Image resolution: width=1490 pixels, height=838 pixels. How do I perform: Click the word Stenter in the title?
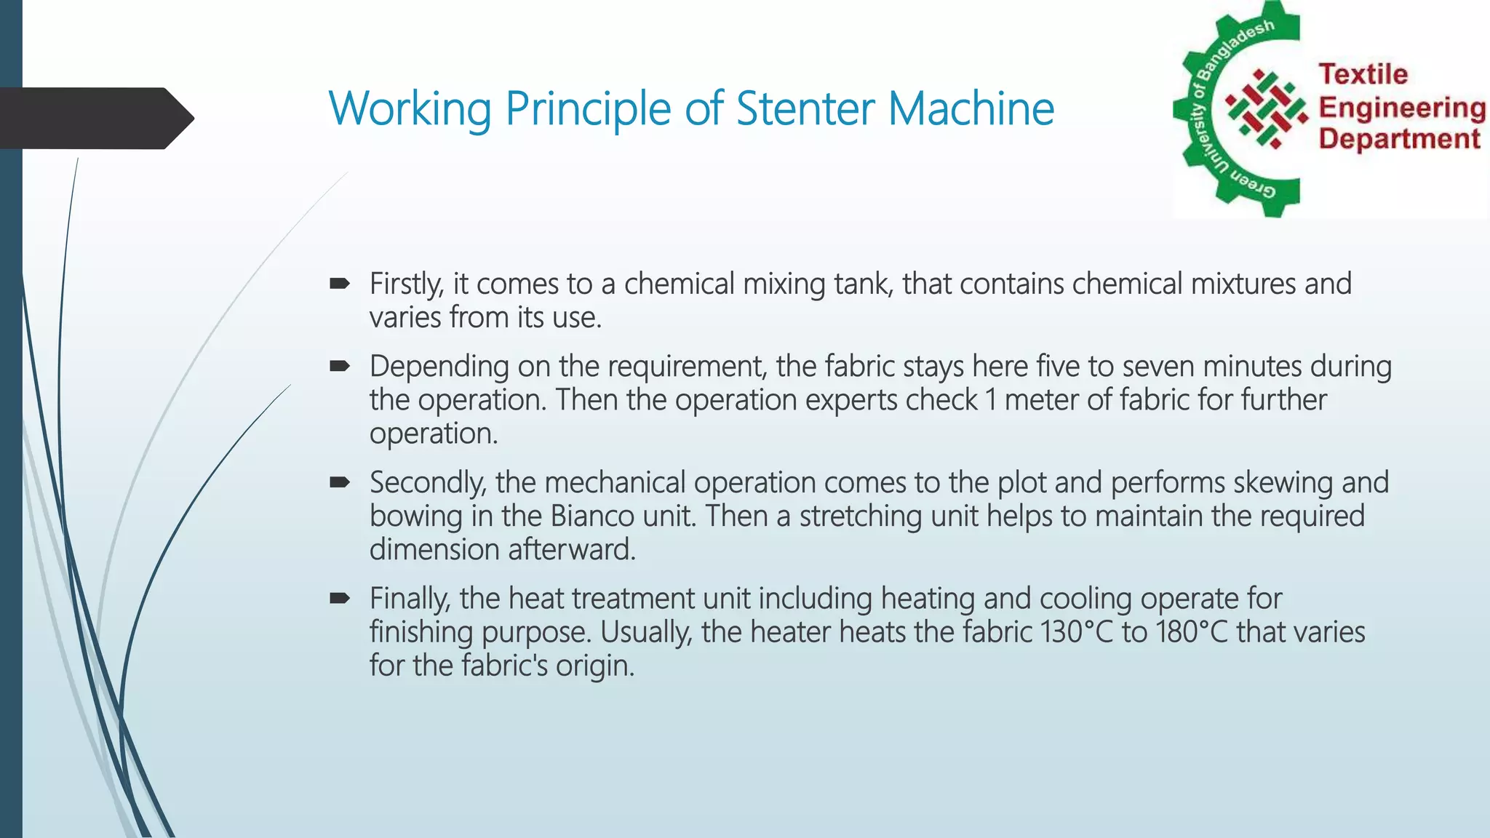[x=806, y=108]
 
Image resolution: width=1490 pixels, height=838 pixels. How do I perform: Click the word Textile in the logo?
[x=1363, y=74]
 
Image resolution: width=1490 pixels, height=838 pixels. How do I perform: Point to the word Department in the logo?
[x=1399, y=138]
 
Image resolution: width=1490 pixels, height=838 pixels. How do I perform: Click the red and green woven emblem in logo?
[x=1267, y=109]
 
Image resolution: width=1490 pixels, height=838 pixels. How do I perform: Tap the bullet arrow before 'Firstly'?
[x=340, y=284]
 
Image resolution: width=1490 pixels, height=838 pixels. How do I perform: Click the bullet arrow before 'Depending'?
[x=340, y=366]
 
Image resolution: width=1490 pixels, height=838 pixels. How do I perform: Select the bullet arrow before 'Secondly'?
[x=340, y=482]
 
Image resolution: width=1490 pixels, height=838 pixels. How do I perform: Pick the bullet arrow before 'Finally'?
[x=340, y=599]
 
